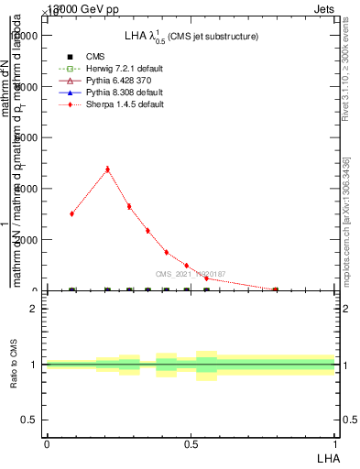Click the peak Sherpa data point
click(108, 169)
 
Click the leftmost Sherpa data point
click(71, 213)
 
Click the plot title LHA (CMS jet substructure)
click(191, 36)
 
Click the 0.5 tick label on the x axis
click(191, 443)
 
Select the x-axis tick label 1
click(335, 443)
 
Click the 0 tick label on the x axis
click(46, 443)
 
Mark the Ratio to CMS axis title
click(14, 364)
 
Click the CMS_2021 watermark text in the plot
click(190, 274)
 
